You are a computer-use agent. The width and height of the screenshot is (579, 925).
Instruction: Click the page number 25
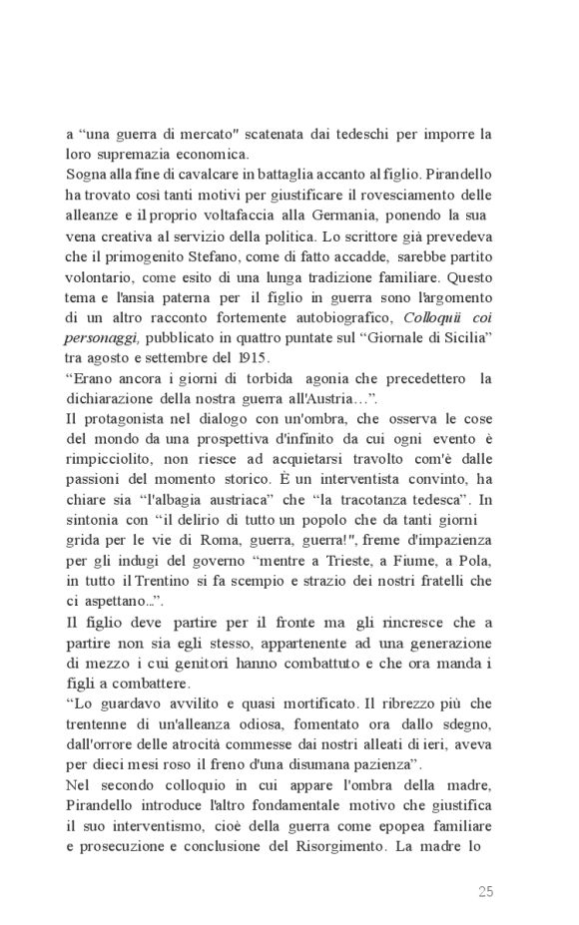[486, 891]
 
